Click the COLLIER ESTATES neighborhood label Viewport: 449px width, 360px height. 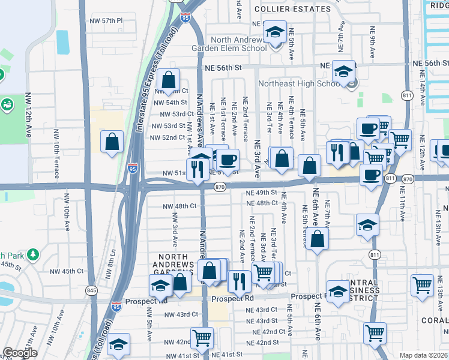[x=292, y=9]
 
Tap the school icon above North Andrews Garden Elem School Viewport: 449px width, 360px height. [x=276, y=32]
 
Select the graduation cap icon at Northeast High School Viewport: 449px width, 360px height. [x=343, y=72]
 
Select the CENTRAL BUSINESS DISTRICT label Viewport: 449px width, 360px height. [x=354, y=287]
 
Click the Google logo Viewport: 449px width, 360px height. [x=20, y=353]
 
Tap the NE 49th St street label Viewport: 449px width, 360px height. [x=261, y=193]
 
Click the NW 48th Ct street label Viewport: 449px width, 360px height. [x=179, y=206]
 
